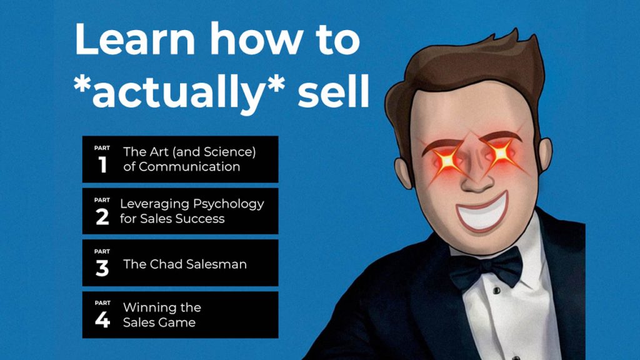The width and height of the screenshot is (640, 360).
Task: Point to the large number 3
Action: click(x=102, y=268)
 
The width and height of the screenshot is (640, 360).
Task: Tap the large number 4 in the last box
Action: click(x=102, y=319)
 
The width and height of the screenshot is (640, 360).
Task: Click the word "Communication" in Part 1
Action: click(x=189, y=167)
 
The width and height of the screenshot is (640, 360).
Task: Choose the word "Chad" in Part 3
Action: click(x=164, y=264)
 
